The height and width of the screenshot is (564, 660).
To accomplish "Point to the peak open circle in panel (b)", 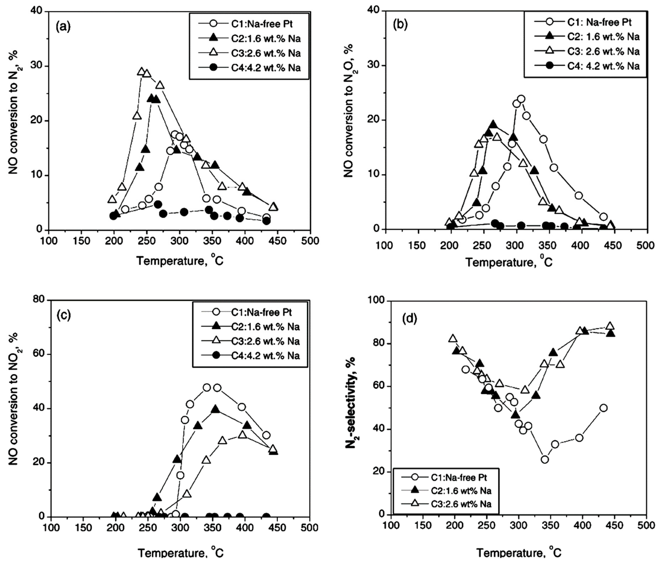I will click(521, 99).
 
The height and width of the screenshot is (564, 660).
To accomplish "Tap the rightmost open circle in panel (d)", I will click(603, 408).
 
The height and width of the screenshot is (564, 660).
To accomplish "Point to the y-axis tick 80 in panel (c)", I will click(39, 300).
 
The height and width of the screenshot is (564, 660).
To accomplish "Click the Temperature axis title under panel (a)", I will click(180, 261).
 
